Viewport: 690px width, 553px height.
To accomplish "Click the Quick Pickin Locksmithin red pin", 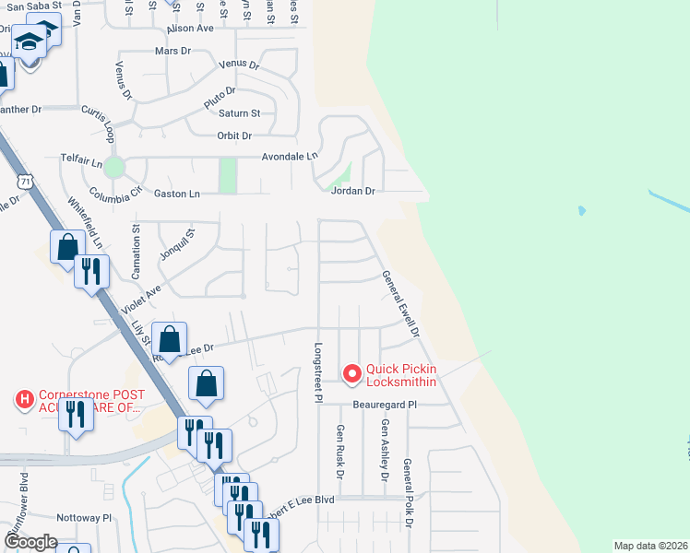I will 351,373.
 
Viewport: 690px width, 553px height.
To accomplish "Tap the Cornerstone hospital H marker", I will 25,399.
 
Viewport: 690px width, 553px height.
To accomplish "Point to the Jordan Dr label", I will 353,192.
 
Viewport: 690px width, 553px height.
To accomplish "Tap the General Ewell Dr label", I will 401,303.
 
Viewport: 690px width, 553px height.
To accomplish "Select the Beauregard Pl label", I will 386,405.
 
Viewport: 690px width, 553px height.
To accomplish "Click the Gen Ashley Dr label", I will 385,451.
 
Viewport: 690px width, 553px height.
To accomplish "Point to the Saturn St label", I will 240,113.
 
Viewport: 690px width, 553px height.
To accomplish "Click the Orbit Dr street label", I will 234,136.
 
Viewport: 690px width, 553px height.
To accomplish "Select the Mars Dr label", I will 172,51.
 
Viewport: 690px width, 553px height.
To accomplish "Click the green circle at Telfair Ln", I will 113,167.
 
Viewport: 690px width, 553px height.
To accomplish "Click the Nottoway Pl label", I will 83,518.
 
